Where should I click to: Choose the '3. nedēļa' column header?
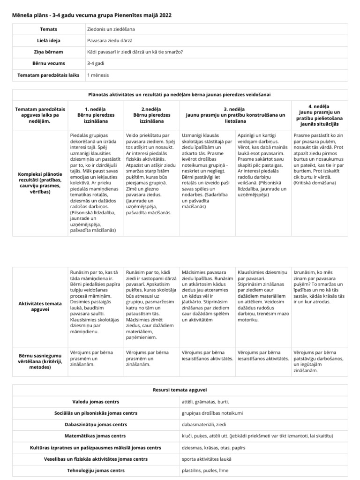point(235,112)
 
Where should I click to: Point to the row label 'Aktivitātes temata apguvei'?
point(40,307)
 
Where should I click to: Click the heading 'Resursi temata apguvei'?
point(180,390)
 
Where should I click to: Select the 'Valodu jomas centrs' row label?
point(96,402)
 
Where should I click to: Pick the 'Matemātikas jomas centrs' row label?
point(96,436)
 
